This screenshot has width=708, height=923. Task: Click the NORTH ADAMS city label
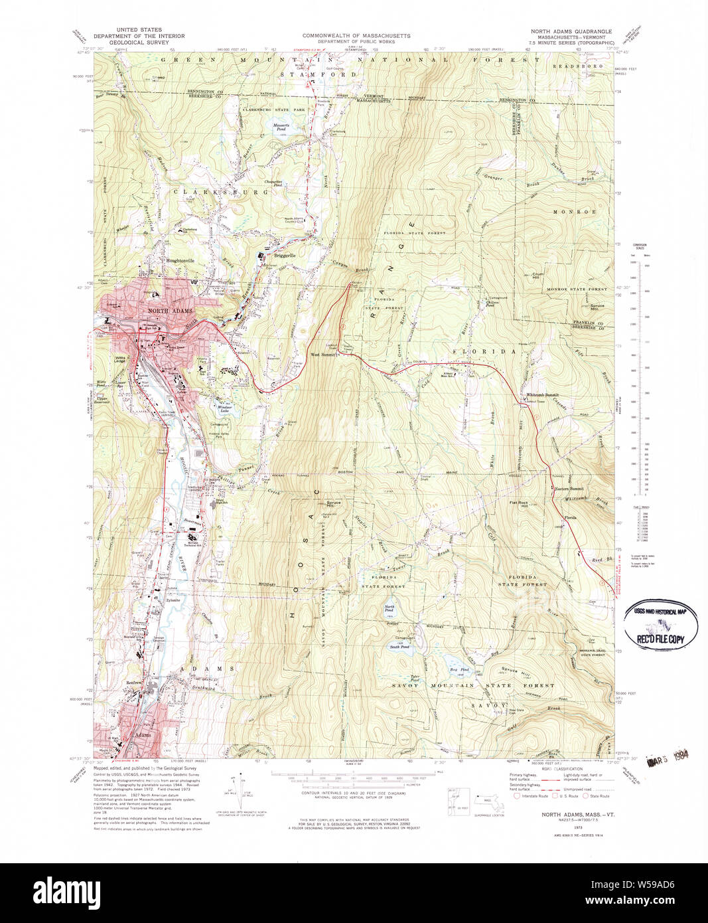pyautogui.click(x=170, y=311)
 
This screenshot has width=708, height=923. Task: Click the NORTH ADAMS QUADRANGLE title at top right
pyautogui.click(x=571, y=31)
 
